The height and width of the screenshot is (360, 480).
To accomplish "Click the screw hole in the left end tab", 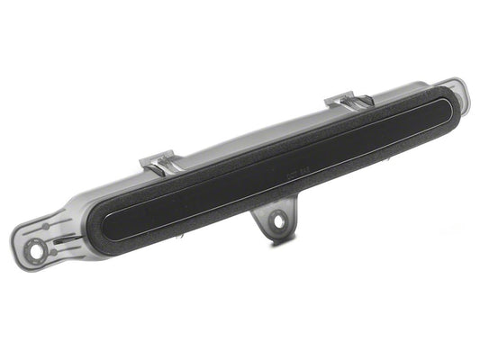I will click(x=35, y=251).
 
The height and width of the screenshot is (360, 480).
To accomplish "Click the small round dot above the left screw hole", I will click(x=46, y=226).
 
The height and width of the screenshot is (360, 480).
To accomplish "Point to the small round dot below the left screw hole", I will click(x=54, y=252).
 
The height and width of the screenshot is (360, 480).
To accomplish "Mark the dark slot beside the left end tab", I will click(x=60, y=241).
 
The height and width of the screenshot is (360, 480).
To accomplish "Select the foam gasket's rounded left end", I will click(x=93, y=224).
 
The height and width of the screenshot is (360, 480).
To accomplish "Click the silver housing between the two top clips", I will click(x=252, y=127).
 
